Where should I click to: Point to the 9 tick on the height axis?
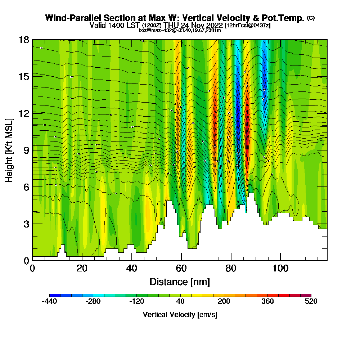[32, 150]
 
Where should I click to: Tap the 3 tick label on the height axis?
[26, 224]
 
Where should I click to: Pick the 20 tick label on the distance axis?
[82, 269]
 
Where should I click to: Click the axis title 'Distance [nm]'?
[180, 282]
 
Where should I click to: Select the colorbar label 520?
[311, 302]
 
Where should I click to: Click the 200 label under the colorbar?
[224, 302]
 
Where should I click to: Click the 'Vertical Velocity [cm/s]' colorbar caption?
[180, 315]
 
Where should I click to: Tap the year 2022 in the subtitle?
[212, 25]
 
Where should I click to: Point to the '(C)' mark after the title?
[311, 18]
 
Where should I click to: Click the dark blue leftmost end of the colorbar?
[51, 295]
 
